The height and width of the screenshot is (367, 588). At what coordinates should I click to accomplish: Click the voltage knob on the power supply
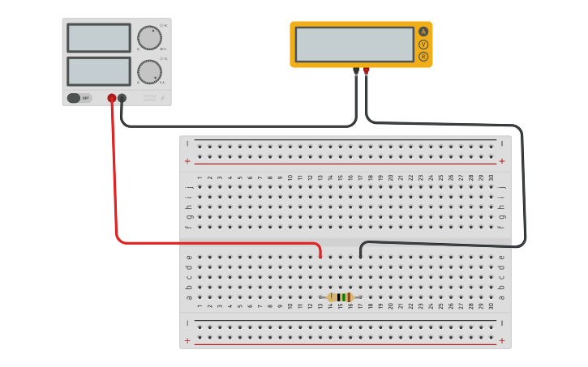(149, 38)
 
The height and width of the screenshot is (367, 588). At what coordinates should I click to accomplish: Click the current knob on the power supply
(149, 72)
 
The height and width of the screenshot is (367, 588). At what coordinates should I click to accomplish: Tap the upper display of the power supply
(99, 38)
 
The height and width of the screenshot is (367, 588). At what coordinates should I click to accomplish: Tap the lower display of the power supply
(99, 71)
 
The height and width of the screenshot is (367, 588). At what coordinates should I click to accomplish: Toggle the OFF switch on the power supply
(79, 98)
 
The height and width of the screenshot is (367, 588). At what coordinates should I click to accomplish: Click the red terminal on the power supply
(112, 98)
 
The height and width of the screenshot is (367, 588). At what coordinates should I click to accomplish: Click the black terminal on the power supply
(122, 98)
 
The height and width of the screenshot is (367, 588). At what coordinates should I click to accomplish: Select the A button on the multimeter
(423, 32)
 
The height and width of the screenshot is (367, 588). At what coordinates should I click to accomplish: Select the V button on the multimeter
(423, 45)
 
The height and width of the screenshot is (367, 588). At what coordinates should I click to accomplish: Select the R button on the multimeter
(423, 57)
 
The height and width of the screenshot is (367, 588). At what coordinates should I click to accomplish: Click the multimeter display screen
(354, 45)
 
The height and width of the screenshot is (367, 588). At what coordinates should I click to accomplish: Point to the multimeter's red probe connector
(367, 71)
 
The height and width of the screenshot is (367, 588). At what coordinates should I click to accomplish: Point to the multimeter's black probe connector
(356, 71)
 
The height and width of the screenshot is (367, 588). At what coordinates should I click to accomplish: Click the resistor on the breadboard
(341, 297)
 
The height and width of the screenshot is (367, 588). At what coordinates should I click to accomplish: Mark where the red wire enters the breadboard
(320, 256)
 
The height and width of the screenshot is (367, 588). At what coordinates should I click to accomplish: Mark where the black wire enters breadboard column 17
(360, 256)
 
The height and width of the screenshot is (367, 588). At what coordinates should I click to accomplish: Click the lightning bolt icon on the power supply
(162, 98)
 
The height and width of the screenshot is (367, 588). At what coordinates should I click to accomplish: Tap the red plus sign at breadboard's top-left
(187, 161)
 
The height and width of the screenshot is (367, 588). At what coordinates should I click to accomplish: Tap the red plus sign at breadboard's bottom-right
(501, 341)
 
